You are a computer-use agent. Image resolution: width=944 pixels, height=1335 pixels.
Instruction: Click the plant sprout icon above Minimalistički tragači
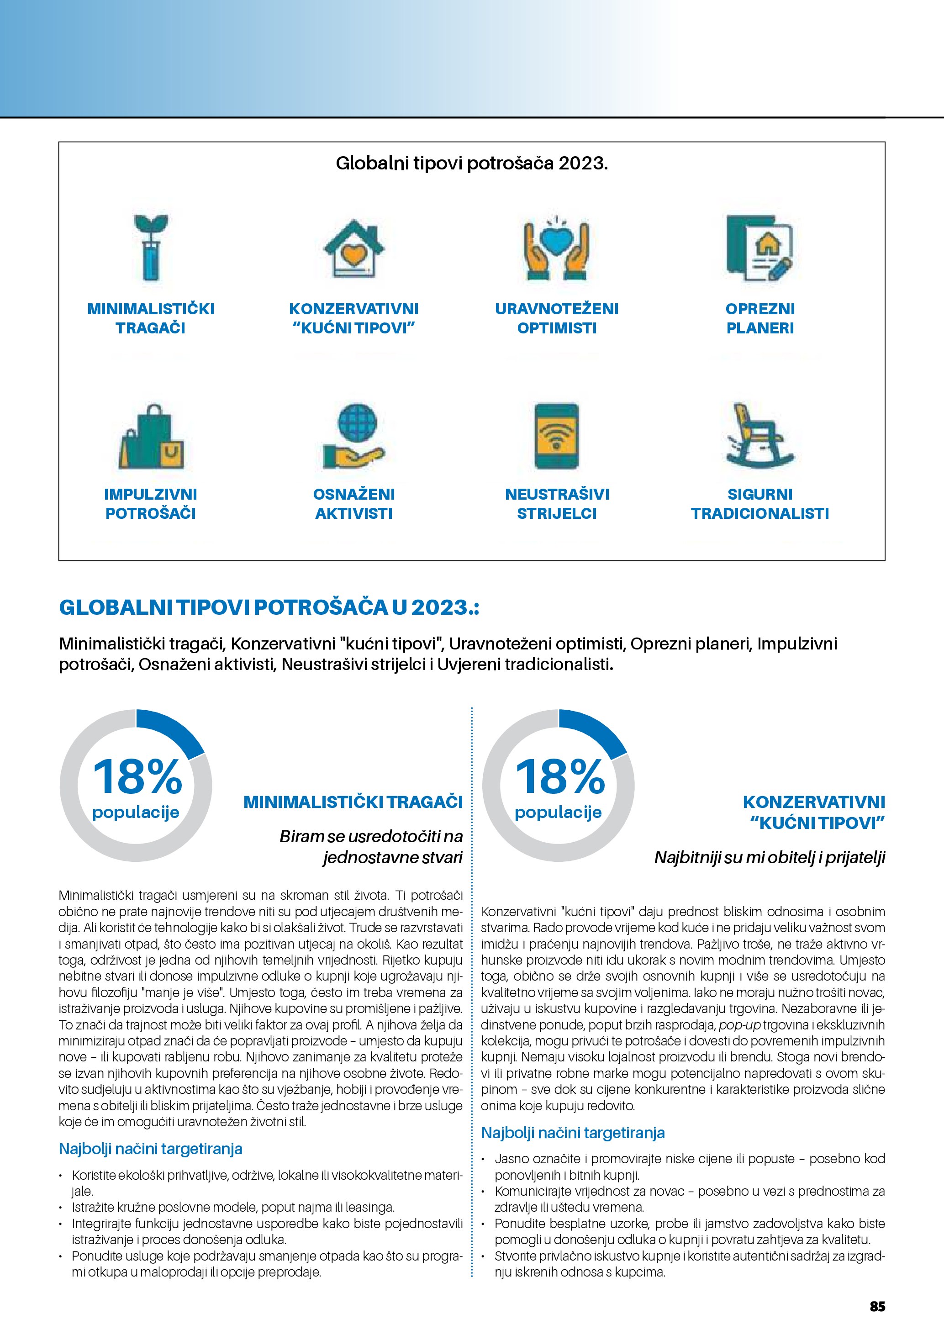[x=151, y=248]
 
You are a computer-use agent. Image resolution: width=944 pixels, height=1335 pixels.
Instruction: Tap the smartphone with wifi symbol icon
[x=556, y=437]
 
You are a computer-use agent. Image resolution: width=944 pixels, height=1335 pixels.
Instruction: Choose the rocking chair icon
[x=760, y=437]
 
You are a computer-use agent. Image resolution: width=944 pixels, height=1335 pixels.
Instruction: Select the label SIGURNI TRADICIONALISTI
[x=760, y=503]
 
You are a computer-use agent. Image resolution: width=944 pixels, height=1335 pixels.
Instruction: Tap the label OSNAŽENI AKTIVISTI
[x=354, y=503]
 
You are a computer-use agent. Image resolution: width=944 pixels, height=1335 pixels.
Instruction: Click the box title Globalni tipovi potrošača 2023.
[x=471, y=164]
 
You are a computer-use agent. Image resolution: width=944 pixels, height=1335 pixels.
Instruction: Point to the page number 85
[x=877, y=1306]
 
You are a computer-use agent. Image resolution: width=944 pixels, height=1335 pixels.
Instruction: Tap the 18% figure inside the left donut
[x=138, y=777]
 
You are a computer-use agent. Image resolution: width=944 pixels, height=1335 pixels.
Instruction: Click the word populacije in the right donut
[x=558, y=812]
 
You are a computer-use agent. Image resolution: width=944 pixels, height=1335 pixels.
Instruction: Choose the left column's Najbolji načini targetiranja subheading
[x=151, y=1149]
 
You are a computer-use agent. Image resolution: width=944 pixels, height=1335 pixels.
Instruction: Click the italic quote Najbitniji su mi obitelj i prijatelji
[x=770, y=857]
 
